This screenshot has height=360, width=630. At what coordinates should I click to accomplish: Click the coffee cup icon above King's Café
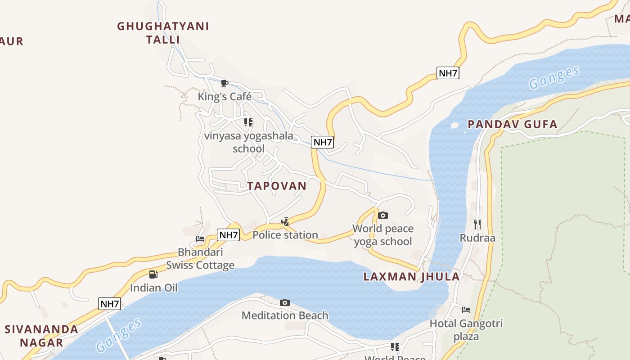pyautogui.click(x=225, y=83)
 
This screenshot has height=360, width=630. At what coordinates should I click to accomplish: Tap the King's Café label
pyautogui.click(x=225, y=97)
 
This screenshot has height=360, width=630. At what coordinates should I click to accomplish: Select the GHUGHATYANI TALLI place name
pyautogui.click(x=163, y=33)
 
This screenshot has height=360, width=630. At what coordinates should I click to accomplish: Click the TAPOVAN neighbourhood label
pyautogui.click(x=277, y=186)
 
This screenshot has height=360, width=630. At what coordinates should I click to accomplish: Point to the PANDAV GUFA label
pyautogui.click(x=513, y=124)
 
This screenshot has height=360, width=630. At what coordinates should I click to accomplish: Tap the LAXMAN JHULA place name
pyautogui.click(x=411, y=277)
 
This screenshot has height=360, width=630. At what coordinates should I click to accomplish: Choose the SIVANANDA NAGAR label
pyautogui.click(x=41, y=336)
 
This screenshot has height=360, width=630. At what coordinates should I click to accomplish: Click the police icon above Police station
pyautogui.click(x=285, y=221)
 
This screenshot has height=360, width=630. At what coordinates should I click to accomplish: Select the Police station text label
pyautogui.click(x=285, y=235)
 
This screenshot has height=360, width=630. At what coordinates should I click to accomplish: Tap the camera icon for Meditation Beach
pyautogui.click(x=285, y=302)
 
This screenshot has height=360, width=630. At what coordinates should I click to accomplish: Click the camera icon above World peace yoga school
pyautogui.click(x=383, y=215)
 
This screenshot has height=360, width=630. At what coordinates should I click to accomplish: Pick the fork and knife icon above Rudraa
pyautogui.click(x=477, y=224)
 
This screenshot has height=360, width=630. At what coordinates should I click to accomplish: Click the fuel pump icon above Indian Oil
pyautogui.click(x=153, y=274)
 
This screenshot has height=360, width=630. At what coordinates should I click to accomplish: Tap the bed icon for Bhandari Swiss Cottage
pyautogui.click(x=200, y=238)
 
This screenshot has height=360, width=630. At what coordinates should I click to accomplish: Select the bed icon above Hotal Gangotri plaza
pyautogui.click(x=466, y=310)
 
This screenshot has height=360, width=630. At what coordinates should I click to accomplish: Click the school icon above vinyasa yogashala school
pyautogui.click(x=248, y=122)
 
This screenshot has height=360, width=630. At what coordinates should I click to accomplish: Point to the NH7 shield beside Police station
pyautogui.click(x=228, y=234)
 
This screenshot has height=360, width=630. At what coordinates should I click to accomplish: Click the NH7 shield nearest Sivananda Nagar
pyautogui.click(x=109, y=304)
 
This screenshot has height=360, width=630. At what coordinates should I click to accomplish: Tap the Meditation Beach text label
pyautogui.click(x=285, y=315)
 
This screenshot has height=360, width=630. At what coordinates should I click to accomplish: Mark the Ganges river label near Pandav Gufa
pyautogui.click(x=554, y=77)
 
